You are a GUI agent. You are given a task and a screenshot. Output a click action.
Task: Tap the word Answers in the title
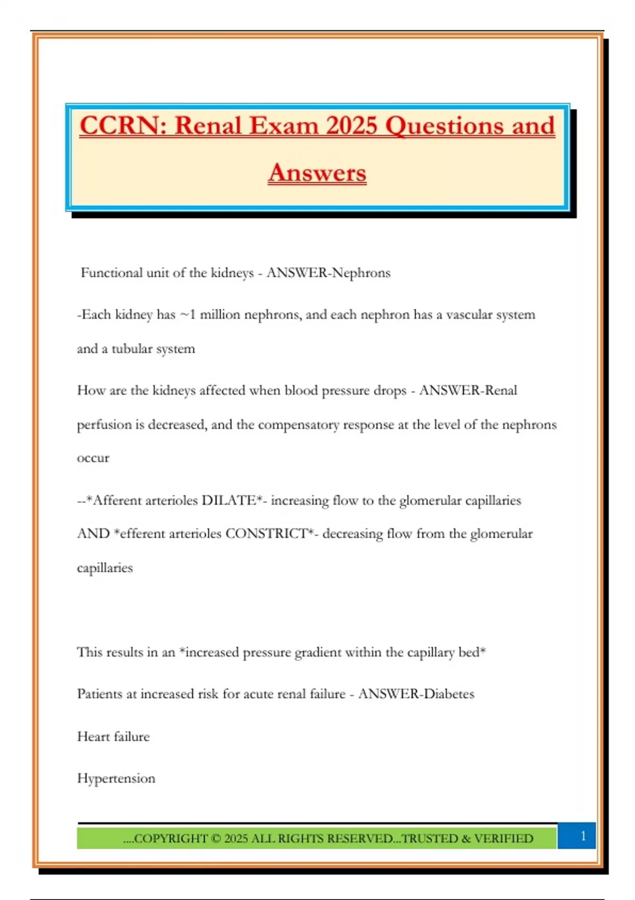317,173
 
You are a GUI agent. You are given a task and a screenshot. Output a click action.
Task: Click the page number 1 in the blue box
583,836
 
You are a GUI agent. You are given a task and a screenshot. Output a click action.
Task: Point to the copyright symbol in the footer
215,839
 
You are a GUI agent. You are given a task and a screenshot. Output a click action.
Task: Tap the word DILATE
230,501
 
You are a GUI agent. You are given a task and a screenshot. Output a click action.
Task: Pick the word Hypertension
116,779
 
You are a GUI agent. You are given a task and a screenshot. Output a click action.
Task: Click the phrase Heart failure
113,736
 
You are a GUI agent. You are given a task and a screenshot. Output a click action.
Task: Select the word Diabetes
448,694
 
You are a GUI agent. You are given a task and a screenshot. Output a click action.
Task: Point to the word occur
93,458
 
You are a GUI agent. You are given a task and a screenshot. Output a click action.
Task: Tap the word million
220,315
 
